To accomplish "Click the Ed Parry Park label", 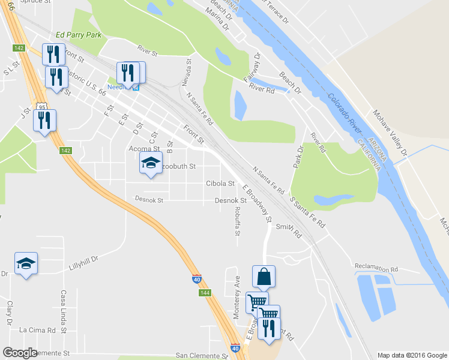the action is (x=76, y=35).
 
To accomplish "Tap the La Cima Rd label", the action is (x=37, y=330).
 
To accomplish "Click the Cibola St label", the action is (x=220, y=184).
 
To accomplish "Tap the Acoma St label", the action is (x=144, y=148).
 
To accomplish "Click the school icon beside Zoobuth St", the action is (x=151, y=163).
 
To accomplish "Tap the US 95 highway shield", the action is (x=41, y=107).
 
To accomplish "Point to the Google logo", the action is (x=20, y=353).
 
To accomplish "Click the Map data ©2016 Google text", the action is (x=411, y=355).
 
